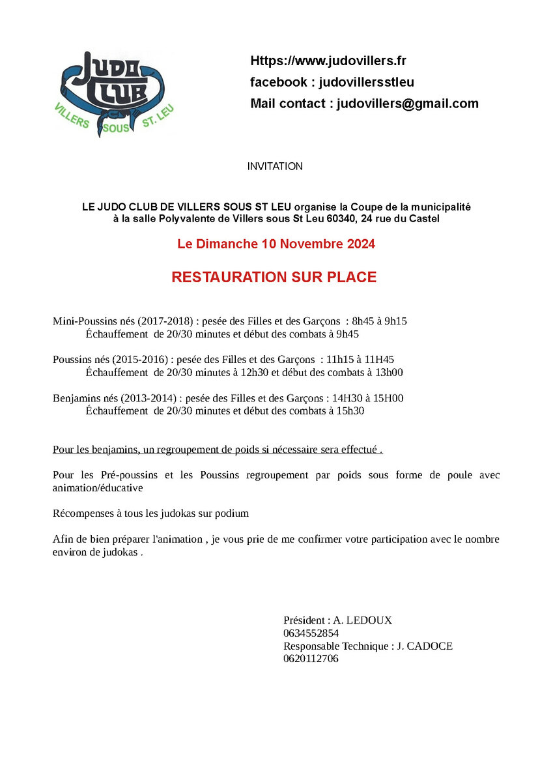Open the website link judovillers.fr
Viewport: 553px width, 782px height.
[328, 61]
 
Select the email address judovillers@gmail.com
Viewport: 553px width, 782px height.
[407, 104]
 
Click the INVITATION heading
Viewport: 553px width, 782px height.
[275, 167]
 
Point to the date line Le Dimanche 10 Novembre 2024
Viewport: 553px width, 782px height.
[276, 244]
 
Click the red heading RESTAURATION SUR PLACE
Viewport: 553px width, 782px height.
[274, 277]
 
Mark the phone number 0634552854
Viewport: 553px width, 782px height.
[311, 633]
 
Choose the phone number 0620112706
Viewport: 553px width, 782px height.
[311, 659]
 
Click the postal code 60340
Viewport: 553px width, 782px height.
[341, 219]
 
